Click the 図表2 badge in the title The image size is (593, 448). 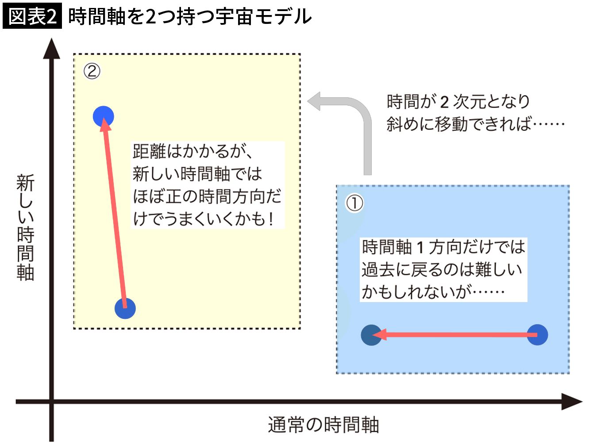tap(32, 17)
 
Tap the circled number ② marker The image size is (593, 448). tap(92, 71)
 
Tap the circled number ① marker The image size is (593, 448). tap(354, 203)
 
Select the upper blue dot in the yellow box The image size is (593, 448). tap(104, 117)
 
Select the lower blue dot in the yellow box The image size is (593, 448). tap(125, 308)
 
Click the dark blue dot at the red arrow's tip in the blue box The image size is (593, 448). tap(371, 335)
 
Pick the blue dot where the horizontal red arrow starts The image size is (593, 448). tap(537, 335)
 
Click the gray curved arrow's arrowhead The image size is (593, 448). tap(315, 101)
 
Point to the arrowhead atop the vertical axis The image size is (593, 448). tap(52, 48)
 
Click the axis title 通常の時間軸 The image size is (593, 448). tap(323, 425)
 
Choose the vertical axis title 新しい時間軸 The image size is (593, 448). tap(26, 227)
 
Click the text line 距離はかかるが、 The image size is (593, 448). tap(193, 152)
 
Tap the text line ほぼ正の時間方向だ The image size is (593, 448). tap(207, 196)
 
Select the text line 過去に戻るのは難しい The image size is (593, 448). tap(442, 269)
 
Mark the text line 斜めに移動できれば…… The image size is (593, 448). tap(475, 124)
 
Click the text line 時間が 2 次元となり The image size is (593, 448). tap(458, 102)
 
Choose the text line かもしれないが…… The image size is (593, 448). tap(433, 291)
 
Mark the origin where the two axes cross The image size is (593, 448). tap(52, 402)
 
